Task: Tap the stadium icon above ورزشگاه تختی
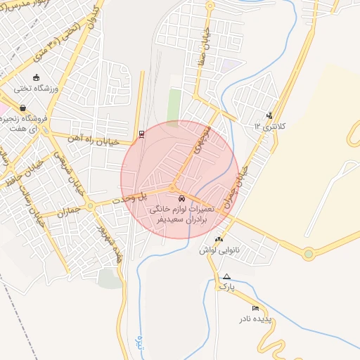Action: click(x=37, y=78)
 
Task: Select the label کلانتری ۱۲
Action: click(x=270, y=127)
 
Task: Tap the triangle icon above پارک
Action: click(x=226, y=276)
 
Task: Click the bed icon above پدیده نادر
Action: click(x=255, y=309)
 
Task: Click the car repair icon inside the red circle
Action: click(x=182, y=198)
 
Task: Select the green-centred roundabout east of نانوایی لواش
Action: click(x=308, y=253)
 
